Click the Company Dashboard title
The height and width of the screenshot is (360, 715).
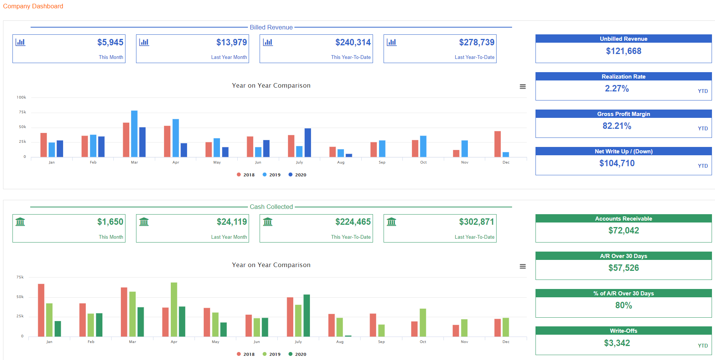click(x=33, y=6)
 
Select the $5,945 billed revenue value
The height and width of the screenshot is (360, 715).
click(x=110, y=42)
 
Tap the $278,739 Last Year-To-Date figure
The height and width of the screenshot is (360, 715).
click(x=477, y=42)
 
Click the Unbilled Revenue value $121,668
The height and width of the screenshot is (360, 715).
click(x=624, y=51)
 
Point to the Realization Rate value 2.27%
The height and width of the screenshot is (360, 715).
click(x=617, y=88)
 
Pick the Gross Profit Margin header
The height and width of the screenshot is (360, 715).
click(x=624, y=114)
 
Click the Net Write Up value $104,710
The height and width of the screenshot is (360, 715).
click(x=617, y=163)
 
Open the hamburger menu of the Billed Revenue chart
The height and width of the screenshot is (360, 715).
click(x=523, y=87)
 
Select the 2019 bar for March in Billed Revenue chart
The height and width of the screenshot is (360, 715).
click(x=134, y=133)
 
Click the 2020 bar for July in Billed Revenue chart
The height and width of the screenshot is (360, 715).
click(x=308, y=142)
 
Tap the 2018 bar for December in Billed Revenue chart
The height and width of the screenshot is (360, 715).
click(x=497, y=144)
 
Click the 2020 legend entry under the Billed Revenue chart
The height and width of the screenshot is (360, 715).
click(x=297, y=175)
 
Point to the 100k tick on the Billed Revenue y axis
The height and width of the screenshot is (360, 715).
click(x=22, y=97)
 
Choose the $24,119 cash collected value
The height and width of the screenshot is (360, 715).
click(x=232, y=222)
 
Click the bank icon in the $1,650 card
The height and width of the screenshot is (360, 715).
click(x=20, y=221)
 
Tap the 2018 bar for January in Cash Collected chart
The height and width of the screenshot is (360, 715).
click(x=41, y=310)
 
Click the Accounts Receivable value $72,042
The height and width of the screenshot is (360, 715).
click(x=624, y=230)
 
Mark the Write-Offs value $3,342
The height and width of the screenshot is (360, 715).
click(x=617, y=343)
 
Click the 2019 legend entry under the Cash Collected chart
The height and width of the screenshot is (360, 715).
click(x=272, y=354)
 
